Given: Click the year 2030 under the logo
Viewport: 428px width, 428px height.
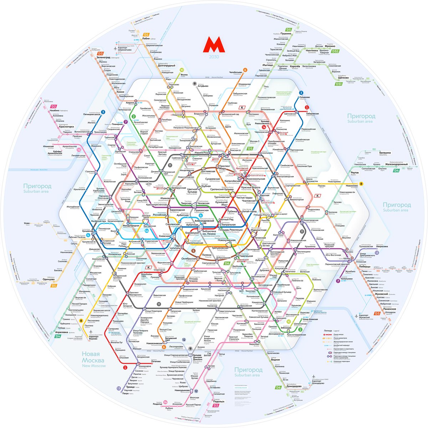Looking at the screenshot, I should (214, 57).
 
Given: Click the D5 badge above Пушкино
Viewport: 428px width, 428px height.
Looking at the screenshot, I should (289, 29).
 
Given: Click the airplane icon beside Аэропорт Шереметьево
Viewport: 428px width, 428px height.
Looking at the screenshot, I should (115, 47).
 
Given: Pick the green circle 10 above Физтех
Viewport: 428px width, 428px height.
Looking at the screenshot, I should (182, 70).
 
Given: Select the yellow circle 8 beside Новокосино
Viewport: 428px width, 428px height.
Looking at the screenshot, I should (361, 184).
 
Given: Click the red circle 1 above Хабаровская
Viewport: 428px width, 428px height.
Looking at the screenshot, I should (306, 107).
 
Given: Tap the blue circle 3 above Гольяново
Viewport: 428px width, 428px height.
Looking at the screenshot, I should (301, 93).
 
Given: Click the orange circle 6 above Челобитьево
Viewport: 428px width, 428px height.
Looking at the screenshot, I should (245, 70).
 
